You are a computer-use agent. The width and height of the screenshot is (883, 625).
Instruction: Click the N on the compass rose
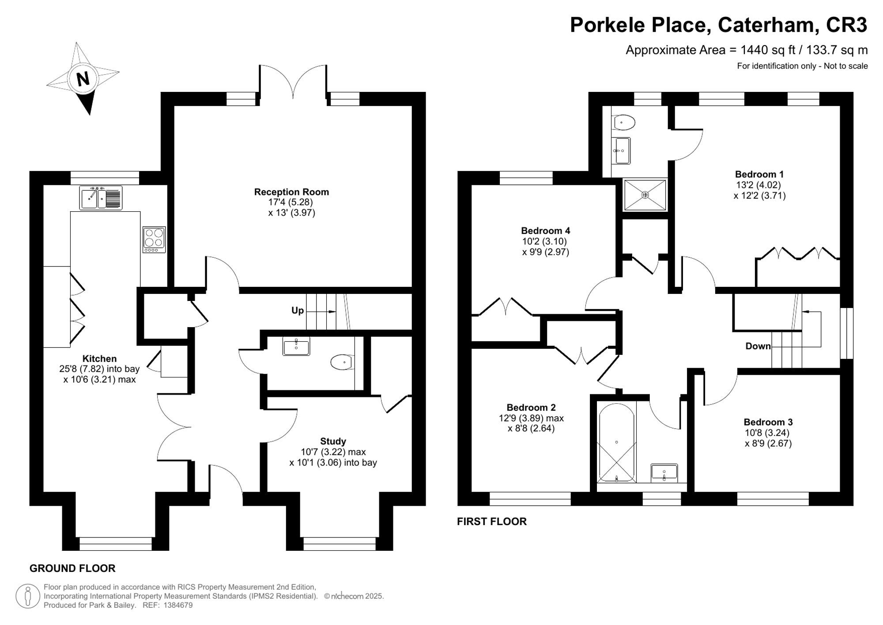(83, 79)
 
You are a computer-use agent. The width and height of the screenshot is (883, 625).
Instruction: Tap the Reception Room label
(291, 192)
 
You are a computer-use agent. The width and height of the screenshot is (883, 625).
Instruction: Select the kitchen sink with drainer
(101, 198)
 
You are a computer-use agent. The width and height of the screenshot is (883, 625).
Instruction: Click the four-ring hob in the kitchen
(154, 240)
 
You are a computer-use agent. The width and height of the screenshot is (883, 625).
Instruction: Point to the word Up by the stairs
(298, 310)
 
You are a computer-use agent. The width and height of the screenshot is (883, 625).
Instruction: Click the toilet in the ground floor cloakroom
(342, 362)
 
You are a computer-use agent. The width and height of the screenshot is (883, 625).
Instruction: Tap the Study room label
(333, 441)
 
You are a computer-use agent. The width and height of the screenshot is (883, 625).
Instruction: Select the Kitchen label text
(99, 358)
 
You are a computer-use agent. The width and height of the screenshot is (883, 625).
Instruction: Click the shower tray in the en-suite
(645, 194)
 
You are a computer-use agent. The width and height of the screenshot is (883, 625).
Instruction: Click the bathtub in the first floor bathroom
(616, 442)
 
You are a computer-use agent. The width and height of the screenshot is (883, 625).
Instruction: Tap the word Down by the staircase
(758, 346)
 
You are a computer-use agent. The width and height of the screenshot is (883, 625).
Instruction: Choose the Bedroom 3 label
(768, 422)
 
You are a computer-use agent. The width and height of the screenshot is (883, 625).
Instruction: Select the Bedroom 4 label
(546, 231)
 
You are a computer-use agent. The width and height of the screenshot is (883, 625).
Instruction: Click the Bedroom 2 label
(531, 408)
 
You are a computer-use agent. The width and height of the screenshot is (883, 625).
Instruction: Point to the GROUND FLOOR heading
(72, 568)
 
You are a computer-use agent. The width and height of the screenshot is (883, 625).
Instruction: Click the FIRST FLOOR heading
(492, 522)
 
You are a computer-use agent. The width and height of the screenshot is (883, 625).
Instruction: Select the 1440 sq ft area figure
(769, 50)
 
